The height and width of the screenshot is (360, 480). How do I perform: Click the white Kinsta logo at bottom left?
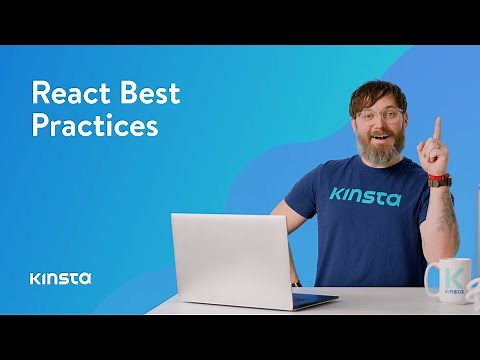point(60,277)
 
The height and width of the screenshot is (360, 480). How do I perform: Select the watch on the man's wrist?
point(438,180)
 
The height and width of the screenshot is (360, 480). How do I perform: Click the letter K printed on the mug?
point(451,275)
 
